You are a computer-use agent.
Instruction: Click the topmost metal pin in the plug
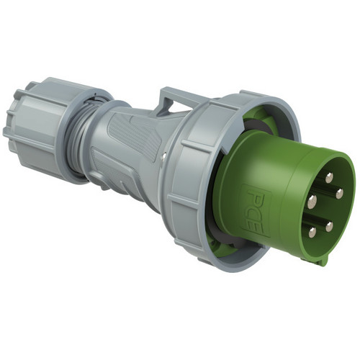coord(329,178)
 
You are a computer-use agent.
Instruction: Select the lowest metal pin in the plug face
coord(312,232)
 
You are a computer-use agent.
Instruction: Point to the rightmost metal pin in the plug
coord(339,194)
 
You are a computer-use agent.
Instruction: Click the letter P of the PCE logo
coord(255,199)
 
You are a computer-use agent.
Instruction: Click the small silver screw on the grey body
coord(163,156)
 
